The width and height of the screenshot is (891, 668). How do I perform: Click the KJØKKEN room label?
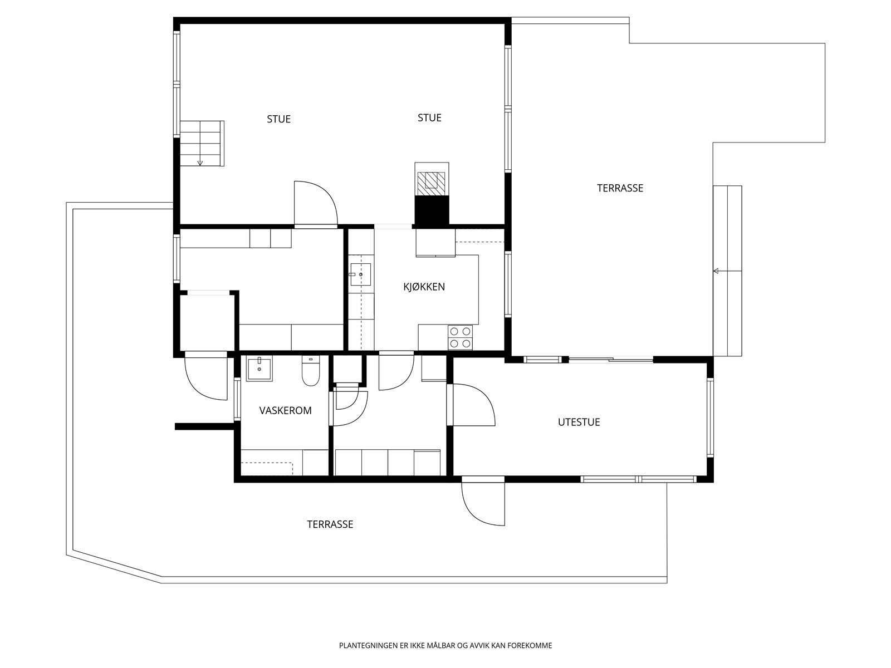[x=424, y=287]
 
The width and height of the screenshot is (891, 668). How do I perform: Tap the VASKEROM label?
[x=285, y=411]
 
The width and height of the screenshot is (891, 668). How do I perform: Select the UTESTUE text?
[x=579, y=423]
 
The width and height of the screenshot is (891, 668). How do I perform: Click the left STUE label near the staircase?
[x=278, y=119]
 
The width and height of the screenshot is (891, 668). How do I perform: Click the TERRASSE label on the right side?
[x=620, y=188]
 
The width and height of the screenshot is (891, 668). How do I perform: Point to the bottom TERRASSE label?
[x=330, y=524]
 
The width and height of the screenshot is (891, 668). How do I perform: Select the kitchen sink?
[x=360, y=274]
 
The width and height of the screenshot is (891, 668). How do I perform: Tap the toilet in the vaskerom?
[x=310, y=371]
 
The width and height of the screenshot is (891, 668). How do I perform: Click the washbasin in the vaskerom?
[x=259, y=368]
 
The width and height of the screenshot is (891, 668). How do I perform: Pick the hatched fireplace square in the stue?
[x=432, y=180]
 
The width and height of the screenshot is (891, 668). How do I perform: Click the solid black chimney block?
[x=432, y=212]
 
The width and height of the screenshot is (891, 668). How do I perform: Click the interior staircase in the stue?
[x=201, y=144]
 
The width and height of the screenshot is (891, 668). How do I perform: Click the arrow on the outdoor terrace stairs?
[x=716, y=271]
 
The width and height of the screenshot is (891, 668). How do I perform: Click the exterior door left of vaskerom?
[x=207, y=377]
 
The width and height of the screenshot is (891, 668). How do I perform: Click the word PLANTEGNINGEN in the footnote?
[x=368, y=646]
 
